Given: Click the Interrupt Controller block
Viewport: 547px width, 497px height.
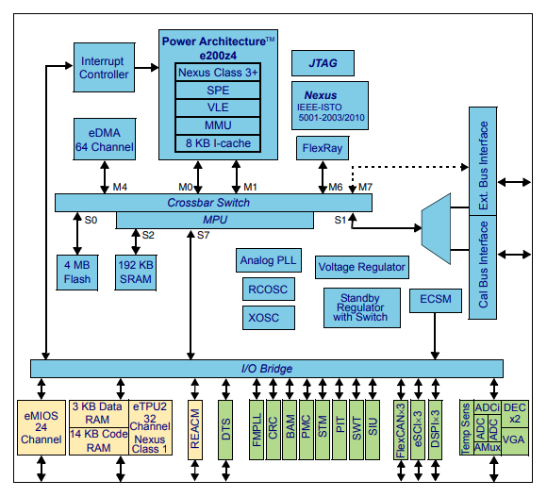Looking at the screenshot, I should point(103,67).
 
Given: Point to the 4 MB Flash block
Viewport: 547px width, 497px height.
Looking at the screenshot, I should point(77,271).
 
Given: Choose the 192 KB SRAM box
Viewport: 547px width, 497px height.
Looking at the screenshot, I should point(136,271).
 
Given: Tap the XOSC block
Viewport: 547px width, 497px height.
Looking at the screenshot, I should point(267,319).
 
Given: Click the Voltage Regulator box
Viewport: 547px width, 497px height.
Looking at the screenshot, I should point(362,267).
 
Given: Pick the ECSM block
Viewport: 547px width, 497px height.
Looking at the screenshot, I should point(436,301).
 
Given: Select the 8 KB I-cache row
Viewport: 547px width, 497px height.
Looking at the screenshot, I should point(218,143).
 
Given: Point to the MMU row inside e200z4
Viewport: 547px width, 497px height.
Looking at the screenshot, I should point(218,125).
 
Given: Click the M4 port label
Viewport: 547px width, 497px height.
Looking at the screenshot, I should point(120,187).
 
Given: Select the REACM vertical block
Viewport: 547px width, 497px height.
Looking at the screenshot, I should point(195,430).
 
